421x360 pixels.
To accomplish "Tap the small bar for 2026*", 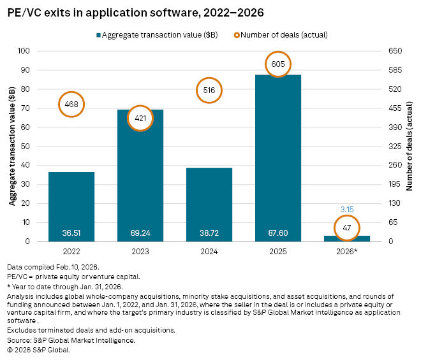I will click(x=346, y=238).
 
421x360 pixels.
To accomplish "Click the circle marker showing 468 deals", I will click(x=71, y=104).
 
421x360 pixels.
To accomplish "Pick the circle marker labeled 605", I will click(x=277, y=64).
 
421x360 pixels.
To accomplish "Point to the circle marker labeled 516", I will click(x=209, y=90).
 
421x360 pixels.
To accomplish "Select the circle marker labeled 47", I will click(x=346, y=227).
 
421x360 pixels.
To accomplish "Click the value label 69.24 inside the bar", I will click(x=140, y=234).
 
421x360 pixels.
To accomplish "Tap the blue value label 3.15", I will click(x=346, y=209).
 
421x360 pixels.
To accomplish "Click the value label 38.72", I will click(x=209, y=234).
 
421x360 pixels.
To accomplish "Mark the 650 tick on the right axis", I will click(x=388, y=51).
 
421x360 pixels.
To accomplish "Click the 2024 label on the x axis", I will click(x=209, y=252).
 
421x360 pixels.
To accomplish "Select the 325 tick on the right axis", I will click(x=388, y=147).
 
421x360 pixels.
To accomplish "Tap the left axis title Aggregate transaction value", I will click(x=12, y=147).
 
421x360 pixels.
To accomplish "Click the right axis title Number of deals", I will click(x=410, y=147).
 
